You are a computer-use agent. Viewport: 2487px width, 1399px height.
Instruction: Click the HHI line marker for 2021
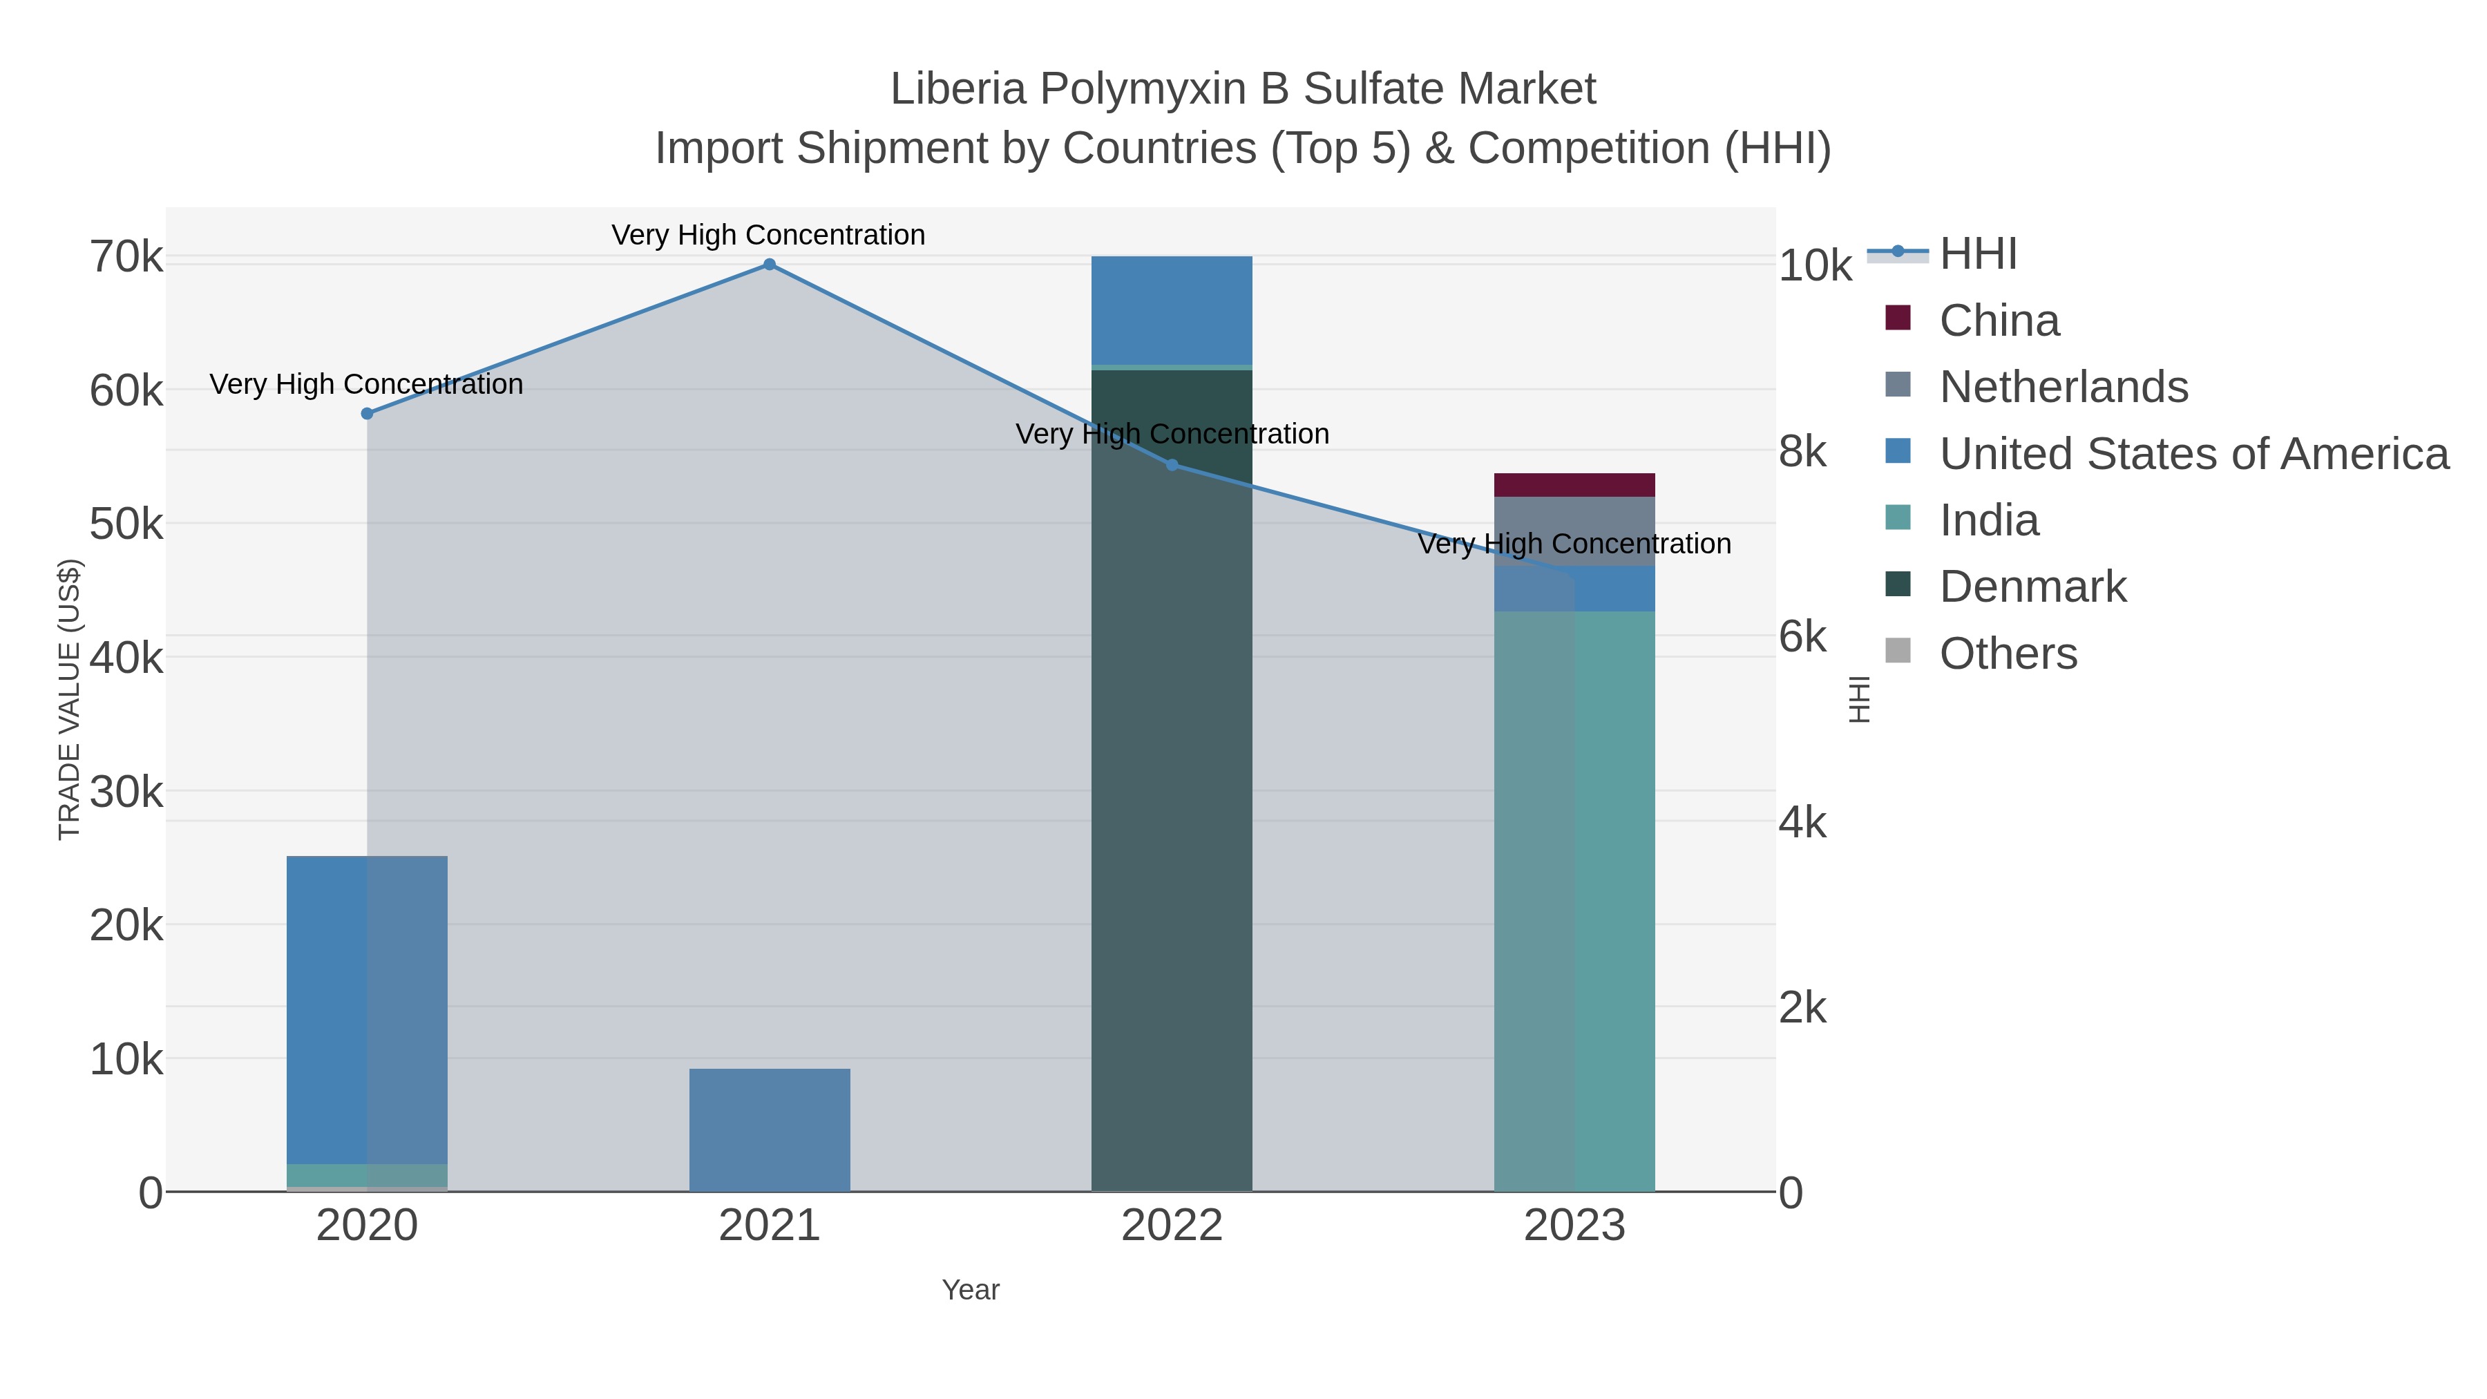coord(770,265)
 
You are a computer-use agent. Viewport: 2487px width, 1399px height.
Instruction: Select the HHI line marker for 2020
coord(367,413)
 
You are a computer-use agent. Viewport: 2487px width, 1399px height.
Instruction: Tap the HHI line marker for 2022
coord(1172,464)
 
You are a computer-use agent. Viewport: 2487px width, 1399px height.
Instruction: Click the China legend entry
coord(1999,321)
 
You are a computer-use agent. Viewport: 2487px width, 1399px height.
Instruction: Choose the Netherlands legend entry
coord(2063,387)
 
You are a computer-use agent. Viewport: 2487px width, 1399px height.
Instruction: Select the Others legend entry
coord(2008,654)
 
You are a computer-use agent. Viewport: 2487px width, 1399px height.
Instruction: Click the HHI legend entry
coord(1977,254)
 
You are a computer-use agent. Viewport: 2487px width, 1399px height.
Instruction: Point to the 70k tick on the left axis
coord(126,258)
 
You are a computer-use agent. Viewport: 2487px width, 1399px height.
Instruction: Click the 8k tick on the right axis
coord(1802,452)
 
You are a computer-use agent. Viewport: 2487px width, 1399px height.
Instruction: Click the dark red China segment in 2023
coord(1574,485)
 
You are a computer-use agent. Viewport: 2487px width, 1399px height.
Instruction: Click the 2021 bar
coord(770,1130)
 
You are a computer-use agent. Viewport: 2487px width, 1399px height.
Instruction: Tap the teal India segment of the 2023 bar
coord(1574,898)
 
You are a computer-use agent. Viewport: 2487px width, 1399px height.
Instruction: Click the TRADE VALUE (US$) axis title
coord(70,699)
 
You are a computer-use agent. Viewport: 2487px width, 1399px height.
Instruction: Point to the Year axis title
coord(971,1290)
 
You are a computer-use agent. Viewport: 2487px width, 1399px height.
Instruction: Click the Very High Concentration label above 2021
coord(768,236)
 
